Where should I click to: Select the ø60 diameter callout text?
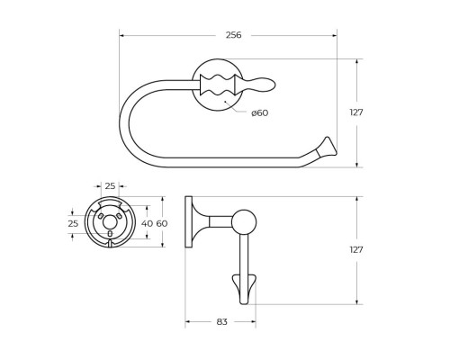tap(259, 112)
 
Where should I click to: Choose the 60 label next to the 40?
tap(162, 223)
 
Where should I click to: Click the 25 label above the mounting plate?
tap(110, 186)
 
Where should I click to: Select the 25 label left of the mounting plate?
tap(74, 223)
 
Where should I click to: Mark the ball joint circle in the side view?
tap(244, 221)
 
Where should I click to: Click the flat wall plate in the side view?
tap(188, 221)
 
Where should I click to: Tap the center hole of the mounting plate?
tap(110, 222)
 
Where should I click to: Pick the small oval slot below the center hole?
tap(110, 237)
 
